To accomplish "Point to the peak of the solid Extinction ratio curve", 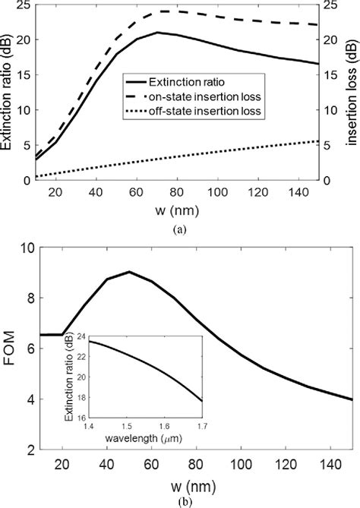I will (x=157, y=33).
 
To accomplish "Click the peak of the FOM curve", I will (x=130, y=272).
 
